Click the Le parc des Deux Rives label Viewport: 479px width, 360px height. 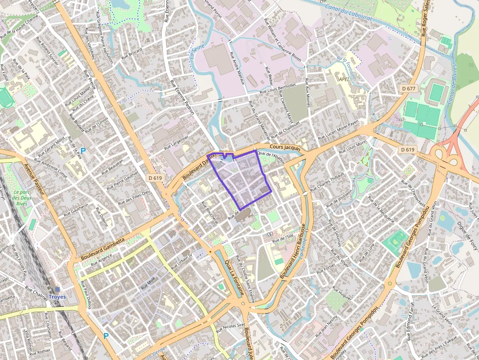click(x=22, y=197)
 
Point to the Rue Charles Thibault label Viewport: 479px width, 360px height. click(x=327, y=181)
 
